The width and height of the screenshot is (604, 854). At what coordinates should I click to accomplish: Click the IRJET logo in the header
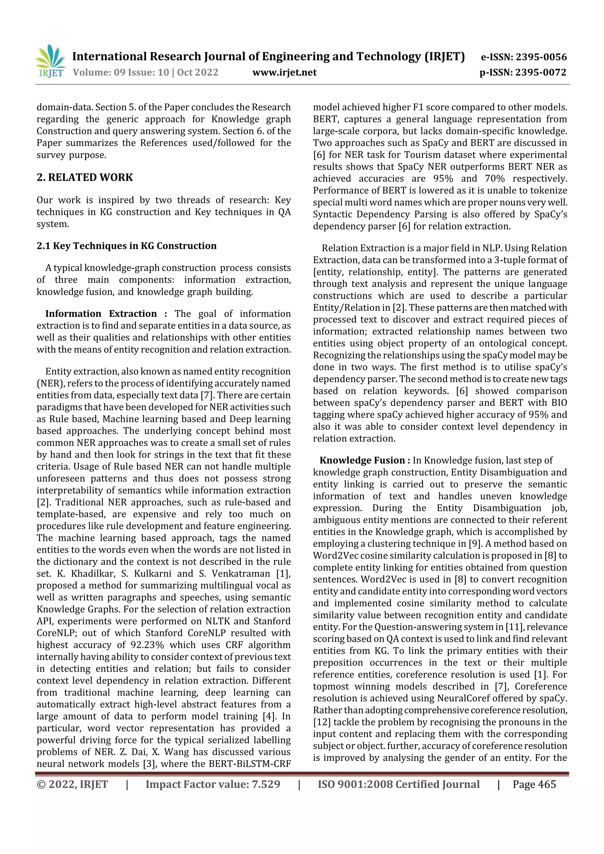[51, 62]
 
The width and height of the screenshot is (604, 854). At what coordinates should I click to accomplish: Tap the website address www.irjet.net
[284, 72]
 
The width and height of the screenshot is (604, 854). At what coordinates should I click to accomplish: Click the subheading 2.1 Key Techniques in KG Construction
[127, 246]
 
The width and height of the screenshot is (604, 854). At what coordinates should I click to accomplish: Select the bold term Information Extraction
[101, 314]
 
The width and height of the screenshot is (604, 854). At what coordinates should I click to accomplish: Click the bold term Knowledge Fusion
[362, 460]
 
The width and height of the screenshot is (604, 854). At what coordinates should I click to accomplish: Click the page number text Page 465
[534, 784]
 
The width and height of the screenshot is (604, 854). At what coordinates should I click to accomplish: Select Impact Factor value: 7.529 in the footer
[213, 784]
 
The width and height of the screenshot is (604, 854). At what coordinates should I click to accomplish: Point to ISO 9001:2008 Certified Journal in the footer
[398, 784]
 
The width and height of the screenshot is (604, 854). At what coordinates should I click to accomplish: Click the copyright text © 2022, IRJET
[72, 784]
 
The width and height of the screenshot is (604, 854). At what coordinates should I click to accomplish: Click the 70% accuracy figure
[495, 179]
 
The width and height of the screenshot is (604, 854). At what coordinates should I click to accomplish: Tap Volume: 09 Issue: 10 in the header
[121, 72]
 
